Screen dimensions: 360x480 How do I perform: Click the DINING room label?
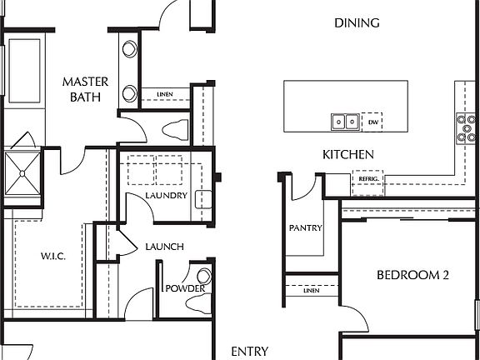click(x=357, y=23)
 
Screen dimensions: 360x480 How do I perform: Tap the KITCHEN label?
click(x=347, y=155)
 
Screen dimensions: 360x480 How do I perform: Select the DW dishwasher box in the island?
click(x=372, y=122)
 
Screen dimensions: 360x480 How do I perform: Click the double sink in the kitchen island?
click(x=344, y=122)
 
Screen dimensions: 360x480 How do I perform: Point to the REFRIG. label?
click(x=369, y=179)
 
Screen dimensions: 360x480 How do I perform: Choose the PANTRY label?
click(x=305, y=227)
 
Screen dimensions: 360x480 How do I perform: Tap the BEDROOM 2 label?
click(x=412, y=275)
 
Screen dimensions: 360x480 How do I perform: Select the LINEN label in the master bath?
click(x=165, y=94)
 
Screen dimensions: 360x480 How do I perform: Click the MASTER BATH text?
click(x=83, y=89)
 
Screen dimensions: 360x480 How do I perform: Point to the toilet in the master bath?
click(x=174, y=129)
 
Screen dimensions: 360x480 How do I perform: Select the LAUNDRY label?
click(x=164, y=196)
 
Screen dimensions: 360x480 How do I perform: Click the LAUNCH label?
click(x=164, y=247)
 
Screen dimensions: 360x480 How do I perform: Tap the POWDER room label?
click(x=184, y=288)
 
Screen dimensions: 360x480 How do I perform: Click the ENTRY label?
click(x=249, y=352)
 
